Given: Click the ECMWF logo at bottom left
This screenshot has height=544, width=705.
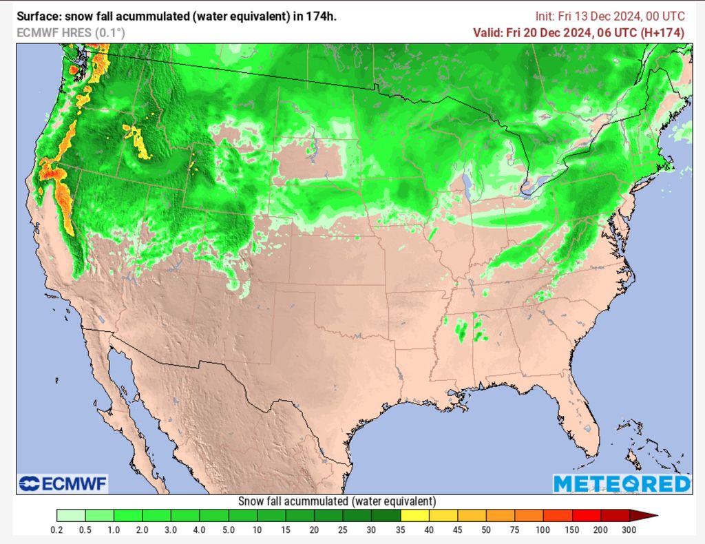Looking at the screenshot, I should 63,484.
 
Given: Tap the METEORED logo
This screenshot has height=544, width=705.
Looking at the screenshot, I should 621,484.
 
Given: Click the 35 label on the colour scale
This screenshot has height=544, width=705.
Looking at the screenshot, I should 401,530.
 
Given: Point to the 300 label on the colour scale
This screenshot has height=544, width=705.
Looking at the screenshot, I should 629,530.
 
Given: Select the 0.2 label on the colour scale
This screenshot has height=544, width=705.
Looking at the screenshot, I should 57,530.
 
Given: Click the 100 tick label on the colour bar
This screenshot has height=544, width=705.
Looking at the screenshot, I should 543,530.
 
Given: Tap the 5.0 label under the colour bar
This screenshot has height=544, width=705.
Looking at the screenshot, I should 229,530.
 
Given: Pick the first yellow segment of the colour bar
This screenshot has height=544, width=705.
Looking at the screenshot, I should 414,515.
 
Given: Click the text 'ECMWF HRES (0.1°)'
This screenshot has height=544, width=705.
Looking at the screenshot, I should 71,32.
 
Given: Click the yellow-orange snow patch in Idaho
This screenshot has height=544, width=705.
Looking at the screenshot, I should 138,141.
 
